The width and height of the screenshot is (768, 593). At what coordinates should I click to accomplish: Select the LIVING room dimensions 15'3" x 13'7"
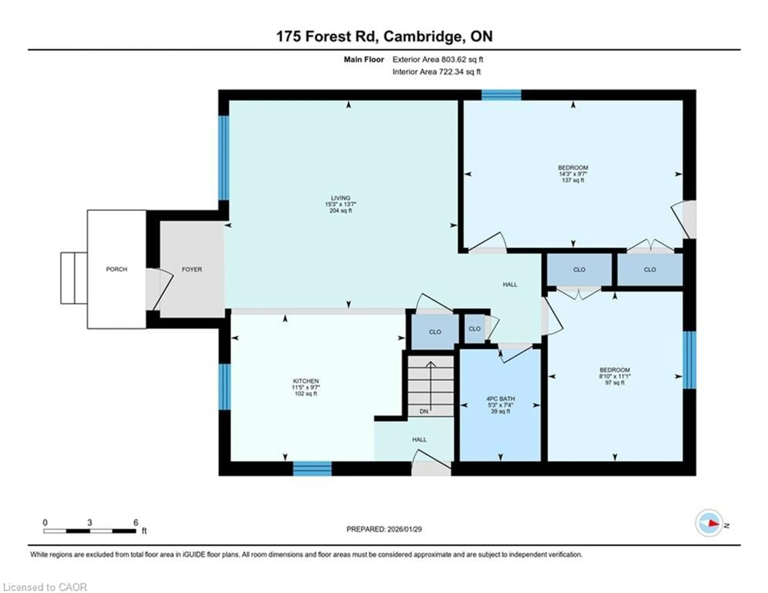[x=340, y=204]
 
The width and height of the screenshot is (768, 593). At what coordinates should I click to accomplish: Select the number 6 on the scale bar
[x=136, y=523]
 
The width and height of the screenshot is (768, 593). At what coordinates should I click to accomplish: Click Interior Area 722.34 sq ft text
[x=436, y=72]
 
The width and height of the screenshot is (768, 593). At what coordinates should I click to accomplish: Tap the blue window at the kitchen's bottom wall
[x=312, y=469]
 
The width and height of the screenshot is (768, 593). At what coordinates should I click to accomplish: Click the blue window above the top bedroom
[x=501, y=95]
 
